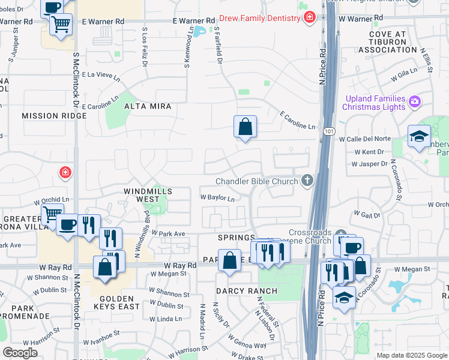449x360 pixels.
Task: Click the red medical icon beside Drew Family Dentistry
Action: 309,18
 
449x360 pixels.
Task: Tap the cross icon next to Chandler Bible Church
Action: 307,181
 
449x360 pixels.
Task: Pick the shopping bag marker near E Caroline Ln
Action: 245,127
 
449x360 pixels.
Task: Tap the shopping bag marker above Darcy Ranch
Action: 229,261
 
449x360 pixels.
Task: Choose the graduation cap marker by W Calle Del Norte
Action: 418,137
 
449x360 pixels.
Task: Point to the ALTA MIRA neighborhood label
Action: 147,106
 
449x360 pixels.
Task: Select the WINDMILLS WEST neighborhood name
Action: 148,195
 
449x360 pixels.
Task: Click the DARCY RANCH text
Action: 247,291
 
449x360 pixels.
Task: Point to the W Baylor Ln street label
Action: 217,197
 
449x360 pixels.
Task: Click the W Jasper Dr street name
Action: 368,163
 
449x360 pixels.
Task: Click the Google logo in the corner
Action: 20,352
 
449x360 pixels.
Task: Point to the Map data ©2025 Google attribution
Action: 411,355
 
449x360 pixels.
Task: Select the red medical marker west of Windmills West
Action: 65,173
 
